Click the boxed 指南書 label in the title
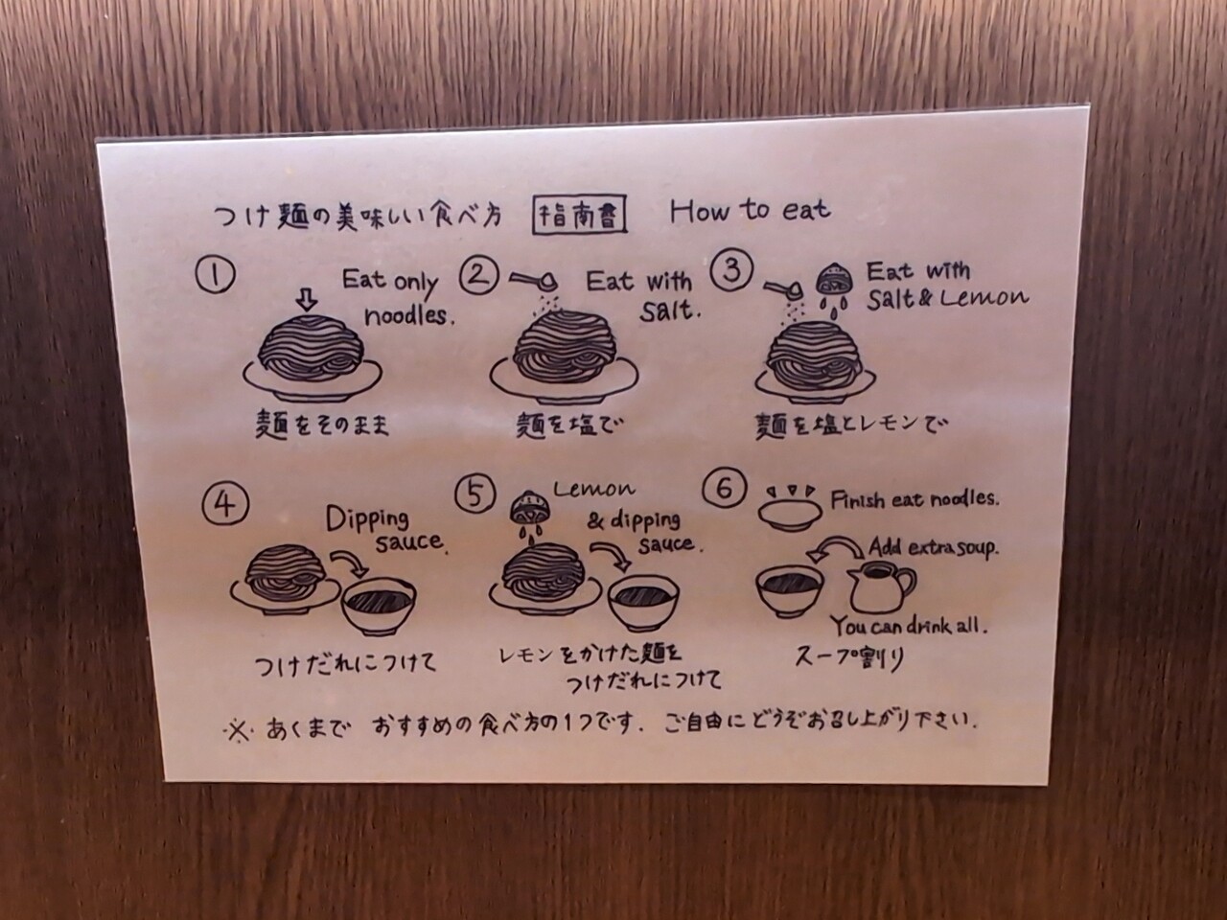579,214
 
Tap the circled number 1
216,274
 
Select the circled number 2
479,276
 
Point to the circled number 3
731,270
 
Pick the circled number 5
475,494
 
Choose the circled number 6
725,487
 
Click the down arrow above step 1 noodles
307,300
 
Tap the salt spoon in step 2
534,282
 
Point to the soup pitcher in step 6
880,586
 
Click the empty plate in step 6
790,515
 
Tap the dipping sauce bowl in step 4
379,606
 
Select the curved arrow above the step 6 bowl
836,547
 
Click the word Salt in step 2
669,310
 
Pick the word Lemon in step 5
593,490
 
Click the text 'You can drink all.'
909,626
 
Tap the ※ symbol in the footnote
239,732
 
